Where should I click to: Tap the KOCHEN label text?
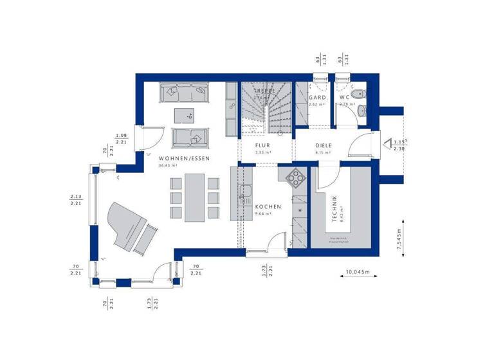point(268,207)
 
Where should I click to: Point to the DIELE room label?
point(323,145)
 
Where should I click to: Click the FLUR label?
point(262,145)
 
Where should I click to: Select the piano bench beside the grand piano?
point(147,239)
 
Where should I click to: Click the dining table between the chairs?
point(194,197)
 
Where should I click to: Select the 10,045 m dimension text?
point(358,272)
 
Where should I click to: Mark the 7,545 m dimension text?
point(399,240)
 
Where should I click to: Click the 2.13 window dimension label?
point(76,196)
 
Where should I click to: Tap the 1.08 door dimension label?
point(120,136)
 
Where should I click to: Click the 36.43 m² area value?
point(168,165)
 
